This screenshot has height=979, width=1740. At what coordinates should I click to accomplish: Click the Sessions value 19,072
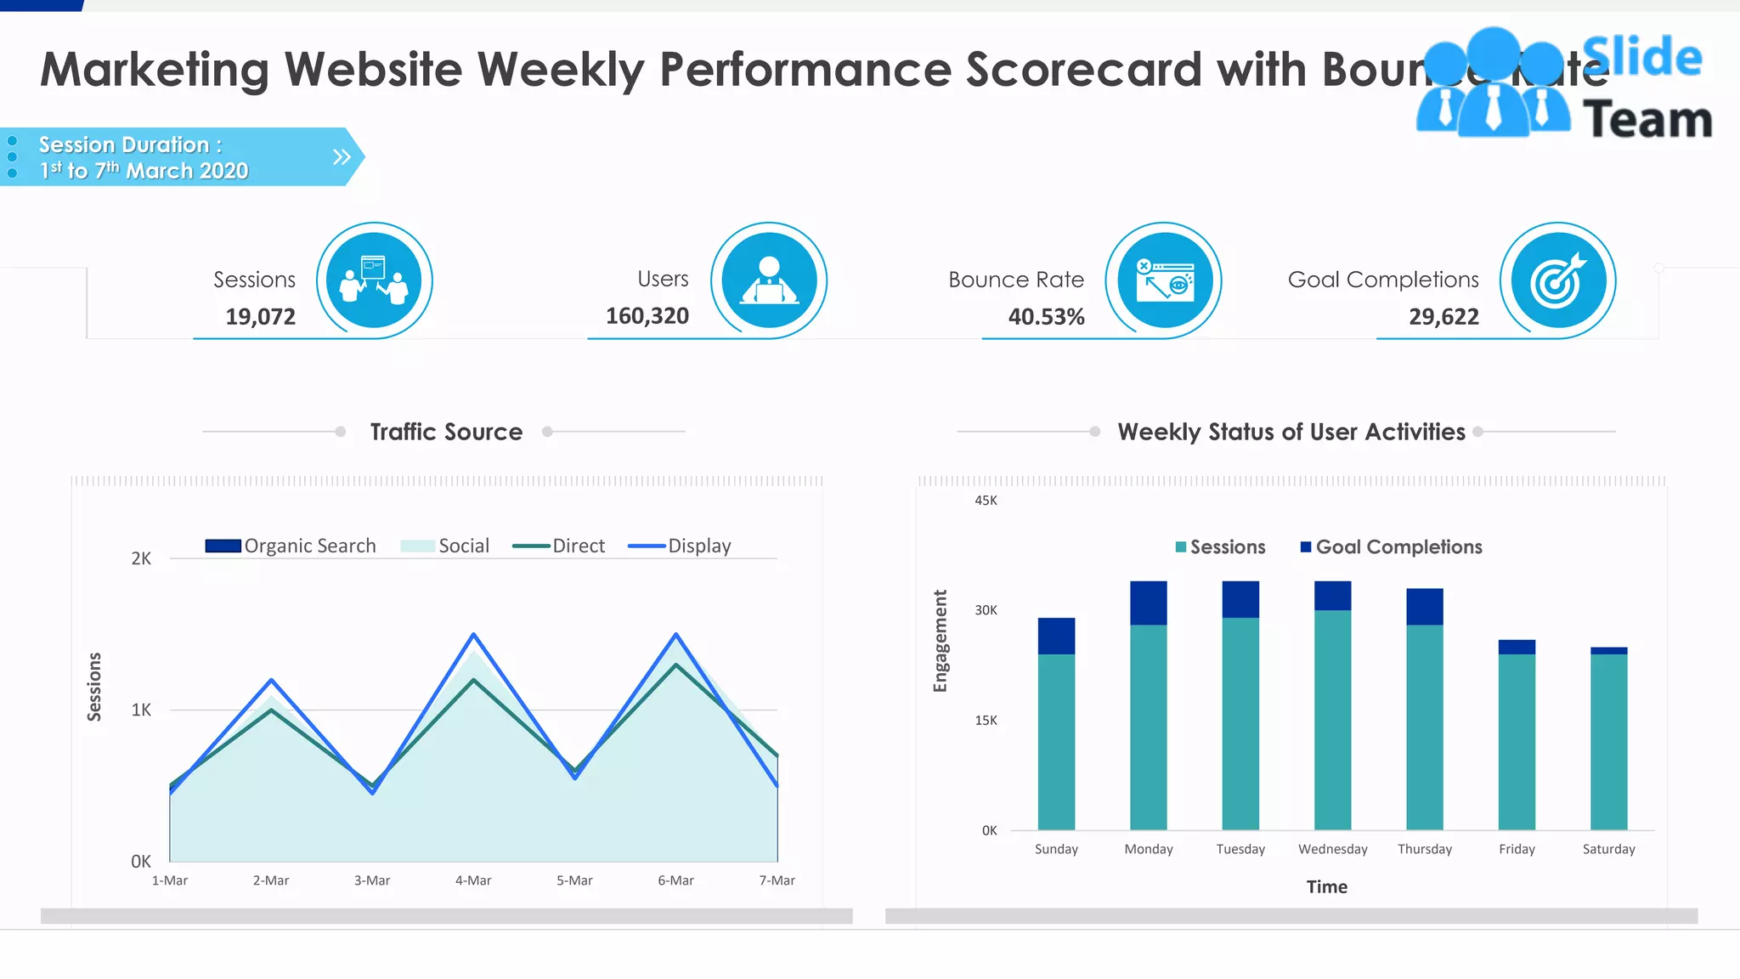260,317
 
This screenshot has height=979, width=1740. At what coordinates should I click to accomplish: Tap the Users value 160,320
647,316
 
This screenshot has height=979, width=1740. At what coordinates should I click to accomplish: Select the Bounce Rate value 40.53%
1046,317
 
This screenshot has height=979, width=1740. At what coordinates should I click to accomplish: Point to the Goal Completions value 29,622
1443,317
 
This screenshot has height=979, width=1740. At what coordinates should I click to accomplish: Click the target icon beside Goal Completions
1557,280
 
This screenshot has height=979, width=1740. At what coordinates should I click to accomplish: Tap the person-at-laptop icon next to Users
769,280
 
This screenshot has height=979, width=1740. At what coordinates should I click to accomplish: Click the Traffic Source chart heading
446,432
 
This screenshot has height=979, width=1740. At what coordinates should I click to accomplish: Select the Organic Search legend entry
292,546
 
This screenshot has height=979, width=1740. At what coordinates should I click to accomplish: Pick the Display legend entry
681,546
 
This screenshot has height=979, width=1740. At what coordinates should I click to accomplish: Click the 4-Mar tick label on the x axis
473,880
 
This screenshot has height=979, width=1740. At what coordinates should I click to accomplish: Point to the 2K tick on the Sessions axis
141,558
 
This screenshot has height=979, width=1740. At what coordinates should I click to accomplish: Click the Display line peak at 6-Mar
676,635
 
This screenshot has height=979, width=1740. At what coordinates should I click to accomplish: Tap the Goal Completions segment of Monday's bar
1148,603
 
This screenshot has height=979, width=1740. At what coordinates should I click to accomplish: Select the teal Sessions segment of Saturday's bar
1608,741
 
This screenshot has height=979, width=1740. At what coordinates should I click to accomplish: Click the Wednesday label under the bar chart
1332,849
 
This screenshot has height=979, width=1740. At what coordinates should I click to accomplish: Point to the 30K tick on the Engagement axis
986,610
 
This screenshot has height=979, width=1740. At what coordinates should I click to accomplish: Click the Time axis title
1326,887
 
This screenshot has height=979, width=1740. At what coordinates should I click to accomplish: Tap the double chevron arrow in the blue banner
342,156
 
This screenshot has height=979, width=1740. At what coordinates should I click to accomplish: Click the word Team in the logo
1647,119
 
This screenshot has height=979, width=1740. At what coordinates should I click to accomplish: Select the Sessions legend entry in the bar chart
1221,547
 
